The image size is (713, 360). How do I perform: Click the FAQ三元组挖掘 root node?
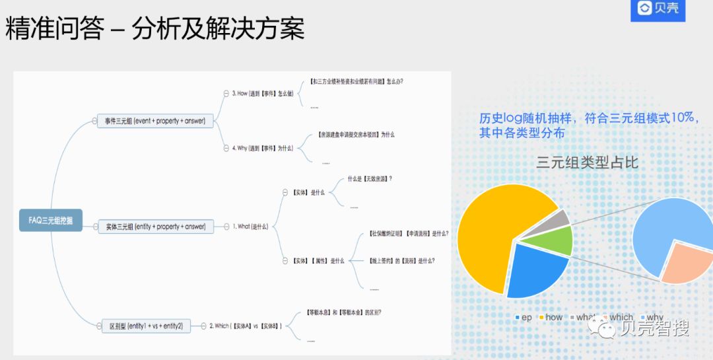coord(51,220)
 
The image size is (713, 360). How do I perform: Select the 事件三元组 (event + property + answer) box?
coord(155,121)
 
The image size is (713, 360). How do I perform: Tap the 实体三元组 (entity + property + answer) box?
coord(156,227)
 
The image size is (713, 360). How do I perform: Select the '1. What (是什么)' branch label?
coord(250,227)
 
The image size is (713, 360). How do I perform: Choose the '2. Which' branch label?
coord(246,326)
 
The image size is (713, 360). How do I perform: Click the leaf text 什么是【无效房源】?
coord(370,178)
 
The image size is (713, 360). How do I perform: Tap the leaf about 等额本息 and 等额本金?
coord(343,312)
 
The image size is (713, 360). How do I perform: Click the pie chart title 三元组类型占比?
coord(587,162)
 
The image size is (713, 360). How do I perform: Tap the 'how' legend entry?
coord(549,318)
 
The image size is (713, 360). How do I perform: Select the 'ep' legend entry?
coord(523,318)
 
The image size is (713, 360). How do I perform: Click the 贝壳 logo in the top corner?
coord(658,9)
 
